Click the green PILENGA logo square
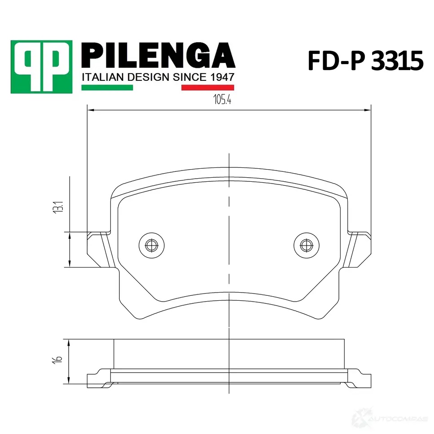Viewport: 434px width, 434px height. tap(42, 67)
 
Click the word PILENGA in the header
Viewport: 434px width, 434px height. tap(158, 55)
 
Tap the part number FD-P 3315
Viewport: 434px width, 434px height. tap(365, 61)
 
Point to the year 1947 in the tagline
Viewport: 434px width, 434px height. tap(222, 77)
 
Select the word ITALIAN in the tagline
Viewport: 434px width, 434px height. tap(102, 77)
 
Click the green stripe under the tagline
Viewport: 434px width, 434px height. tap(107, 88)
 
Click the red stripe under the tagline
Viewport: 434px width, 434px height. tap(208, 88)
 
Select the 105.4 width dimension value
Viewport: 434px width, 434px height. tap(222, 99)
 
